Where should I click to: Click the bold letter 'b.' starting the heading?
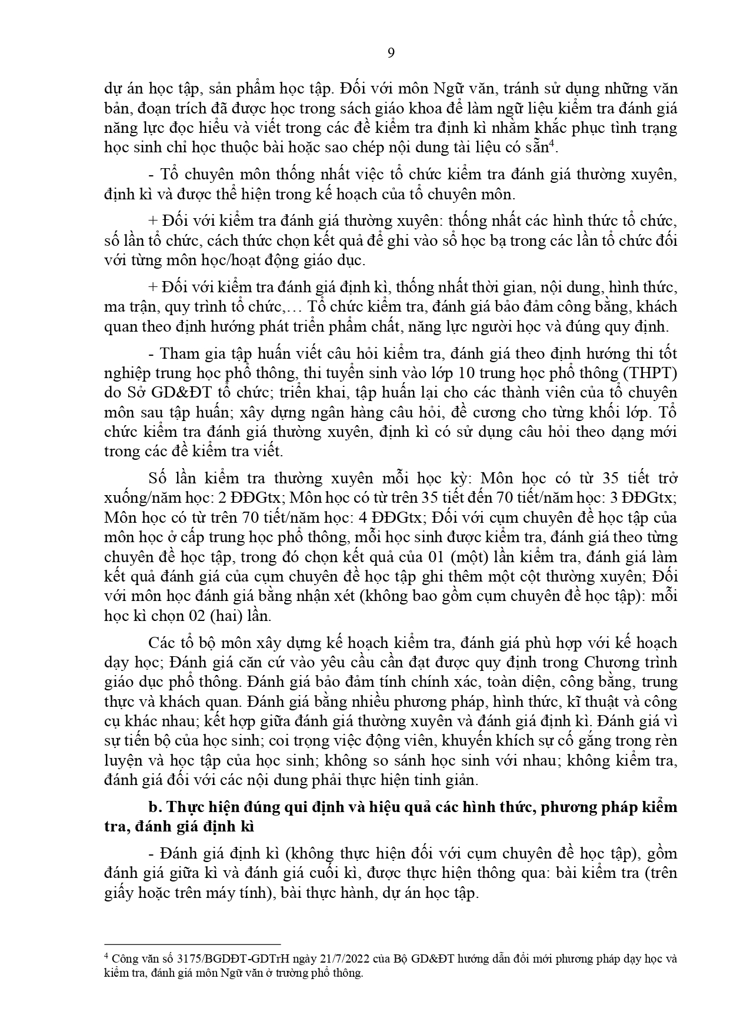156,807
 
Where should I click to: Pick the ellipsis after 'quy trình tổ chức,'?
294,307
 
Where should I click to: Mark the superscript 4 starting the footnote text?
106,957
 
